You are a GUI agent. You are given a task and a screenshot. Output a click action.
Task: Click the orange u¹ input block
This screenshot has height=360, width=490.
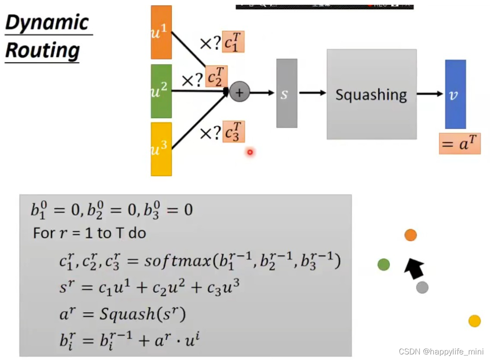point(161,32)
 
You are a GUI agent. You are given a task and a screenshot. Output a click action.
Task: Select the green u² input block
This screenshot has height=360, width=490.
point(161,91)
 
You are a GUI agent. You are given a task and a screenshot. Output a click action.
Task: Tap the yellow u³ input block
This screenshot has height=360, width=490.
point(161,149)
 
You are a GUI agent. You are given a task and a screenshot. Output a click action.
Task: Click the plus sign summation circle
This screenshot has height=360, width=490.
point(240,92)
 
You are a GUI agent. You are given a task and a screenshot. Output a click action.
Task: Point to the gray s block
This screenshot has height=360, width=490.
point(287,93)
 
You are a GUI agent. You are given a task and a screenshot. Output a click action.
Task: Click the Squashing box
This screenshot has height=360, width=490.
point(371,94)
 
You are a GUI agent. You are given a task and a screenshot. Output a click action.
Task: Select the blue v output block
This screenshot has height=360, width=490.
point(455,94)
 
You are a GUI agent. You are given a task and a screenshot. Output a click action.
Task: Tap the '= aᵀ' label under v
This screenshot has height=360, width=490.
point(459,144)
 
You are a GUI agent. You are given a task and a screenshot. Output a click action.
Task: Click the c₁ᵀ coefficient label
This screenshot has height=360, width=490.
point(233,42)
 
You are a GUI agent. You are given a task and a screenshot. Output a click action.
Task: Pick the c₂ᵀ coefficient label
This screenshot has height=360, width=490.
point(216,77)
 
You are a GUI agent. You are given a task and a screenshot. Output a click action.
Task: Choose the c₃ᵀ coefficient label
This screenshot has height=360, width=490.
point(234,132)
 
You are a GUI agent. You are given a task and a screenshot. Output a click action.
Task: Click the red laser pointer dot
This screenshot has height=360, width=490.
point(250,152)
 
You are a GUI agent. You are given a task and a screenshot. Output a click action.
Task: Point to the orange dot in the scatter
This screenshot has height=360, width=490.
point(410,235)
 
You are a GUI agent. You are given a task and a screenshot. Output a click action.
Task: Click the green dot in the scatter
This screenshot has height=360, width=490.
point(383,264)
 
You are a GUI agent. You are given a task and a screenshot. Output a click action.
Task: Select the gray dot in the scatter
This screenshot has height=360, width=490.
point(422,287)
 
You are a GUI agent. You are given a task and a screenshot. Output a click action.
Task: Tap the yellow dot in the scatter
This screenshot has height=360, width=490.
point(474,321)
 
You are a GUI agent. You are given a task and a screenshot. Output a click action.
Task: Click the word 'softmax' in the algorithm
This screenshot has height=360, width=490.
point(176,261)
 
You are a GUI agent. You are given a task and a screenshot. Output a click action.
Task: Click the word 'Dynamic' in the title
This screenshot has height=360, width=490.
point(47,22)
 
